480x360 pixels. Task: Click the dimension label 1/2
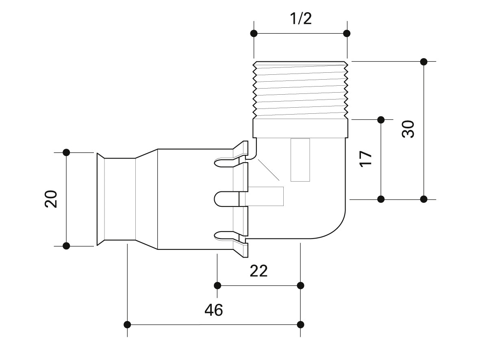pos(301,18)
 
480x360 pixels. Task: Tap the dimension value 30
pos(408,129)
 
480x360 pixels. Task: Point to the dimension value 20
pos(51,199)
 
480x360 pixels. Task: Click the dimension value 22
pos(258,271)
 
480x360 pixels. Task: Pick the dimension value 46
pos(214,310)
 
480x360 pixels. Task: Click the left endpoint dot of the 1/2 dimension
pos(254,33)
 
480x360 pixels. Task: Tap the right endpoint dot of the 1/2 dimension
pos(347,33)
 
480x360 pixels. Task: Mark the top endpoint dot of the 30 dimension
pos(424,62)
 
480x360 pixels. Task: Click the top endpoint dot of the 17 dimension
pos(381,119)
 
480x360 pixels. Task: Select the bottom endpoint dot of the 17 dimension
pos(381,199)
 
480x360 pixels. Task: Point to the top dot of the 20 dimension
pos(67,152)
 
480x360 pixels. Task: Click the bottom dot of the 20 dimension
pos(67,245)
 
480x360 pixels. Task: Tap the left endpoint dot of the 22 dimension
pos(218,285)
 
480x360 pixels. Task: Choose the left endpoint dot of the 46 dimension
pos(127,324)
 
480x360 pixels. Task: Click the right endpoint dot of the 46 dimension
pos(301,324)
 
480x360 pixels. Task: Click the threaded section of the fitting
pos(300,89)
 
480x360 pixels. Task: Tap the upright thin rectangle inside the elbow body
pos(300,160)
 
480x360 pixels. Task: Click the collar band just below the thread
pos(300,128)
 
